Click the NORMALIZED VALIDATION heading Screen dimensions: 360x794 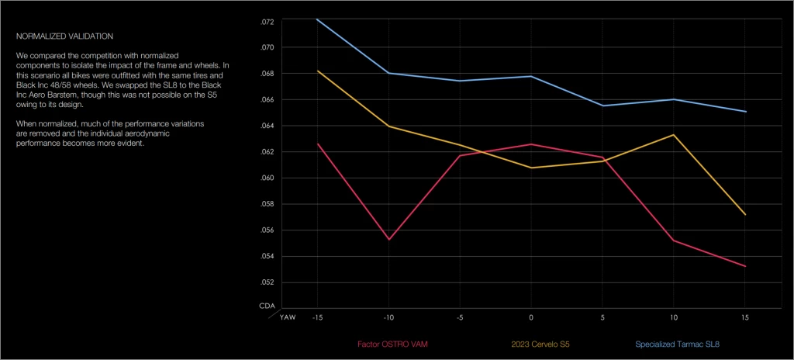(64, 36)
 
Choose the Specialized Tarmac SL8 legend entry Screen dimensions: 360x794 (683, 344)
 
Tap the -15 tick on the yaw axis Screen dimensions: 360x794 (316, 317)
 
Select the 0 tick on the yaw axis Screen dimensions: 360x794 (531, 317)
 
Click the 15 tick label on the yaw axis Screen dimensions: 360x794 (745, 317)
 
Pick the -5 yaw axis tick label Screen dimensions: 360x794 (459, 317)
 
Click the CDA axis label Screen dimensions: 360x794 (266, 306)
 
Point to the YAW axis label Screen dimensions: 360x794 (287, 317)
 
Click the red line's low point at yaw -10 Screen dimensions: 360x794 (388, 239)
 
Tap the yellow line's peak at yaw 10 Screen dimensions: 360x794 (674, 135)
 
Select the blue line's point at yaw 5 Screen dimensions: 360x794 (602, 106)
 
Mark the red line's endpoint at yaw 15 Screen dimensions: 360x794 (745, 266)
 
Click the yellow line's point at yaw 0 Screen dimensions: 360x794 (531, 168)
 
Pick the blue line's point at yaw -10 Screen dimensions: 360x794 (388, 73)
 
